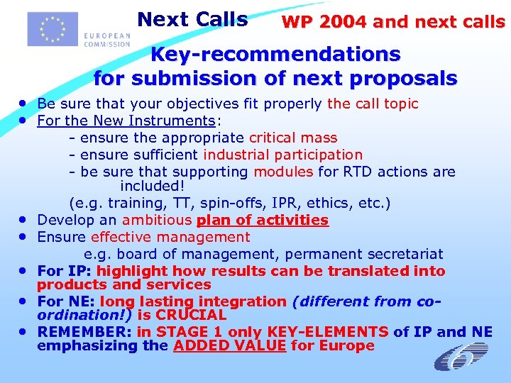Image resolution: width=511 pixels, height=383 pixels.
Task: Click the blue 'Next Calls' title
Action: (192, 19)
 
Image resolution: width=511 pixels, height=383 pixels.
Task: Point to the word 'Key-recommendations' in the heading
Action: (276, 54)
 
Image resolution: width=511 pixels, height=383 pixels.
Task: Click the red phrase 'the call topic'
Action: (373, 104)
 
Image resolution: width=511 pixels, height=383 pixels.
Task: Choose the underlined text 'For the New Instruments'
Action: (126, 121)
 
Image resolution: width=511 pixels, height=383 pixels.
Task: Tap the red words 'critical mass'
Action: (292, 138)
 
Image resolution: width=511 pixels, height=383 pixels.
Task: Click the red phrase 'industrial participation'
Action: (282, 155)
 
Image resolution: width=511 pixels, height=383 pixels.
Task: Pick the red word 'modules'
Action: (282, 172)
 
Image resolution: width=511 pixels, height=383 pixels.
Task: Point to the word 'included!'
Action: (152, 187)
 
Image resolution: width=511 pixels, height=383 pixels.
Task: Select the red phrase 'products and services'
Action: (124, 284)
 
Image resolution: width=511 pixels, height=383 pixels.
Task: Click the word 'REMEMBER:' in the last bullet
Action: (85, 331)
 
